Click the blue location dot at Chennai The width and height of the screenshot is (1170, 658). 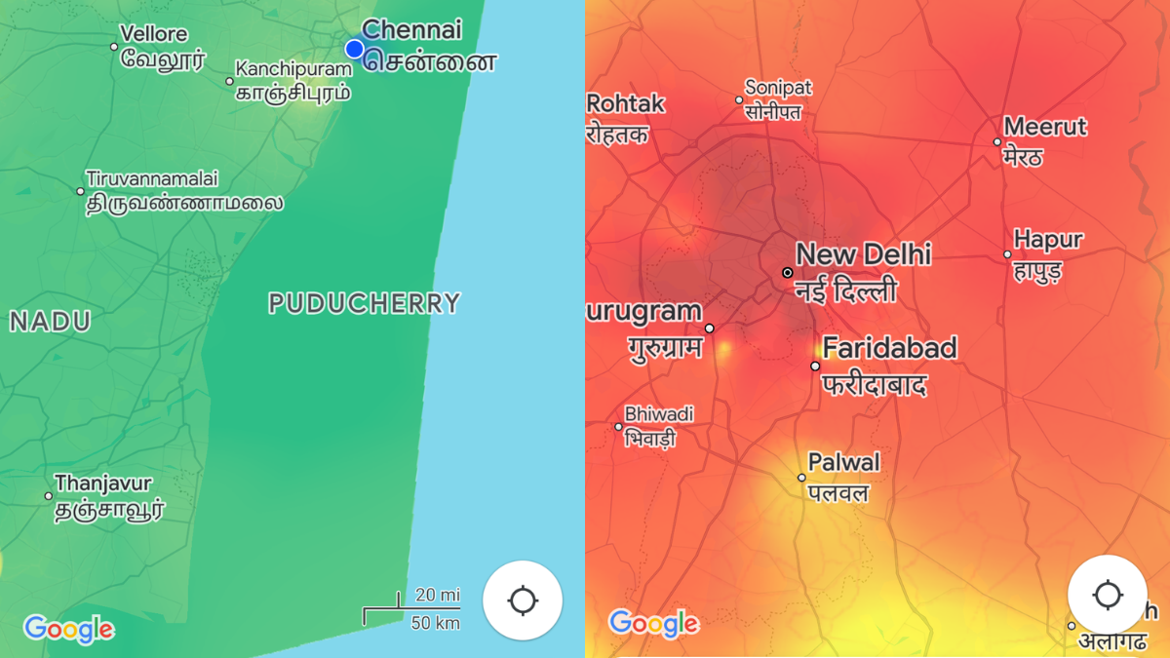click(x=354, y=49)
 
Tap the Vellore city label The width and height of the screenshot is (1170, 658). click(x=154, y=34)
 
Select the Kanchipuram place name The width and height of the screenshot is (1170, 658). click(x=292, y=69)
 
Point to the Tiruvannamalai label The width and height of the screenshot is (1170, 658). click(x=152, y=179)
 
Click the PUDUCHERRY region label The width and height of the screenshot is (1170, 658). click(x=364, y=304)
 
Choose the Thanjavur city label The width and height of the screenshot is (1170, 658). click(x=103, y=484)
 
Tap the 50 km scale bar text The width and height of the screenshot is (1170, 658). click(x=435, y=622)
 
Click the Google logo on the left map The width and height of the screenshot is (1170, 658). click(x=68, y=629)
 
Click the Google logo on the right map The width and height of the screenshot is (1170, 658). click(x=653, y=623)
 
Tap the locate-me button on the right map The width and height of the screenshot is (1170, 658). click(x=1108, y=595)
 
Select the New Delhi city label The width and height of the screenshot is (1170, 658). click(x=863, y=255)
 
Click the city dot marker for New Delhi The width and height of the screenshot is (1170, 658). click(x=787, y=273)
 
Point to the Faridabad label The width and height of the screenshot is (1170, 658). click(x=889, y=348)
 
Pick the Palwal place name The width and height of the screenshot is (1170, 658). click(x=843, y=462)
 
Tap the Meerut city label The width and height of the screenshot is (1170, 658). click(x=1045, y=127)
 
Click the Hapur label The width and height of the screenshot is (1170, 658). click(x=1048, y=240)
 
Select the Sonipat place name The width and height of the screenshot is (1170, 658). click(x=778, y=89)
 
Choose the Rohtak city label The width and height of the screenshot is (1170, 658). click(x=626, y=104)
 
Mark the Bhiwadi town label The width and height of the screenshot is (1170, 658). click(x=659, y=414)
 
